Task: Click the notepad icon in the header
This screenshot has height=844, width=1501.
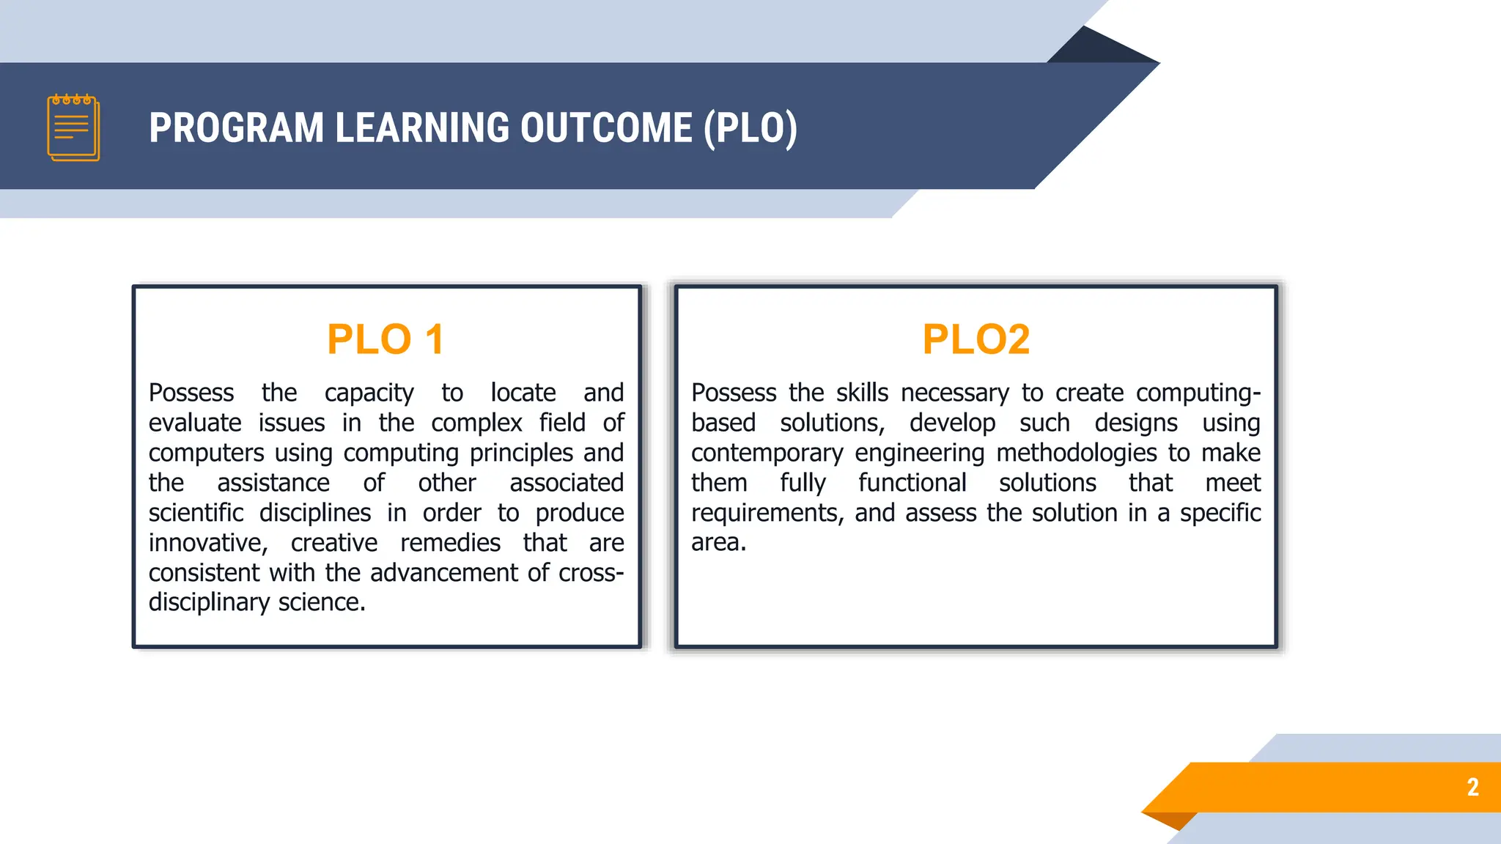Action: click(x=73, y=127)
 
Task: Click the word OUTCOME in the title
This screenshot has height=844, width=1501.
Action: click(x=606, y=128)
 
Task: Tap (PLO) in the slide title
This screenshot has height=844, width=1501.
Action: click(x=750, y=128)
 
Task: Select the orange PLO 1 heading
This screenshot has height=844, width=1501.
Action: click(x=386, y=339)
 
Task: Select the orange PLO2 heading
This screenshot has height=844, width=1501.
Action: click(x=976, y=339)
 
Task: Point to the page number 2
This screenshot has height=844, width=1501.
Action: click(x=1472, y=787)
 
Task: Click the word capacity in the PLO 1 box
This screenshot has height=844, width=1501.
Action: click(x=369, y=393)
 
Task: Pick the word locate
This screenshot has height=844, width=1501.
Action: click(x=523, y=393)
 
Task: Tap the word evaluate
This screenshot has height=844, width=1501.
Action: click(x=195, y=423)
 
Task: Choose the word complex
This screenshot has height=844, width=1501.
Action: click(x=476, y=423)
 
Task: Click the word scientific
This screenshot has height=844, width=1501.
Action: click(x=196, y=513)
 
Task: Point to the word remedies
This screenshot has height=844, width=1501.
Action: click(x=450, y=543)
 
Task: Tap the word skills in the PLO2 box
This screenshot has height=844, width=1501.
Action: click(x=862, y=393)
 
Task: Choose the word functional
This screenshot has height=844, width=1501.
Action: click(x=912, y=483)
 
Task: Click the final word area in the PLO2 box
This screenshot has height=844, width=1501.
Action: click(x=718, y=543)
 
